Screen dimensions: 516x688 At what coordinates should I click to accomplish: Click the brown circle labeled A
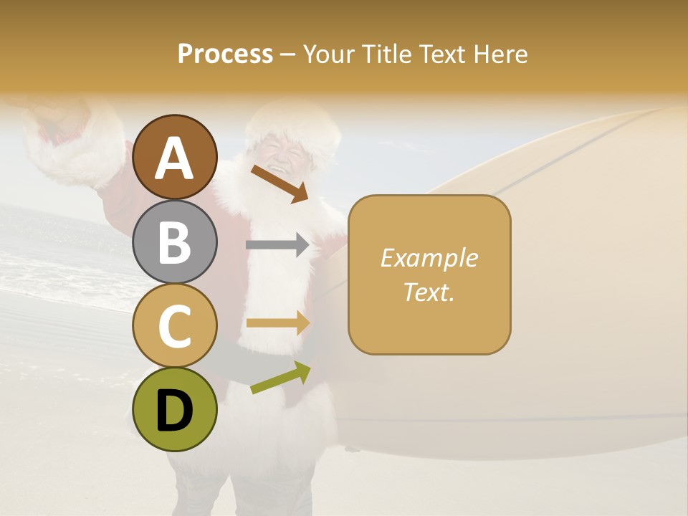point(175,157)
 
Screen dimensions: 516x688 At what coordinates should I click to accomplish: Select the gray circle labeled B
point(175,242)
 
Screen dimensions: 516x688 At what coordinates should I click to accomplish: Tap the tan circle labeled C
point(175,326)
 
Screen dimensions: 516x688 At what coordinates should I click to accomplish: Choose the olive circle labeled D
point(175,409)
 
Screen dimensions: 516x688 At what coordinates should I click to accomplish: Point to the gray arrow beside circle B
point(277,245)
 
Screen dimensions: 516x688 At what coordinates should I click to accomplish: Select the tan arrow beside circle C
point(277,323)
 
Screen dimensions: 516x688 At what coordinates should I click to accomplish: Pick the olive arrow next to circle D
point(280,378)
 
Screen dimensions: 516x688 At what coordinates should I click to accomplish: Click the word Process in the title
point(225,54)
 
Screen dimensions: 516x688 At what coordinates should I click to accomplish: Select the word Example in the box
point(429,258)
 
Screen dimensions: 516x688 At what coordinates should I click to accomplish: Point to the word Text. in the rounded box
point(429,292)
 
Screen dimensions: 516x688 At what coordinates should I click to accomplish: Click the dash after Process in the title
point(288,55)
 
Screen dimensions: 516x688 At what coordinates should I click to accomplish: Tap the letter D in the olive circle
point(175,411)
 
